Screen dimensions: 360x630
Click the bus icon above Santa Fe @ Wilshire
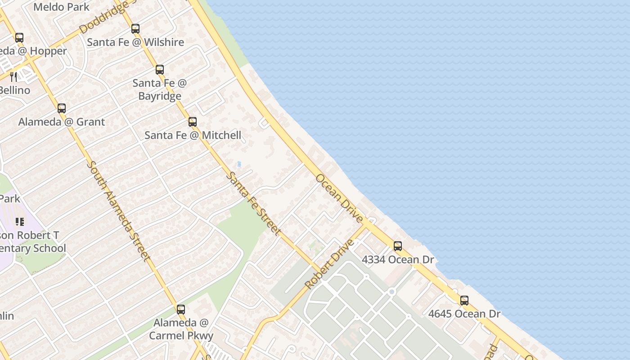click(x=135, y=29)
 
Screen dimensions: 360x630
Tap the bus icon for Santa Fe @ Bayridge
click(x=160, y=70)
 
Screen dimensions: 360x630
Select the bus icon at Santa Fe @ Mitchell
click(x=193, y=121)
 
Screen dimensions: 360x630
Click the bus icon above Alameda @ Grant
click(x=62, y=108)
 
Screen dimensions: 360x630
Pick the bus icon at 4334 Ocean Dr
click(x=398, y=246)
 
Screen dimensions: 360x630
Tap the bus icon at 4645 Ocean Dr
click(x=464, y=300)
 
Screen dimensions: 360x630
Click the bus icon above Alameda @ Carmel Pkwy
click(x=181, y=310)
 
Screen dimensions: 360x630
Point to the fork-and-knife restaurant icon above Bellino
click(x=13, y=76)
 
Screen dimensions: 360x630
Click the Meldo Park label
click(x=61, y=7)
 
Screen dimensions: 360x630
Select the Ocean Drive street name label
click(x=339, y=198)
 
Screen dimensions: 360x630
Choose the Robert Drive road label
click(x=329, y=265)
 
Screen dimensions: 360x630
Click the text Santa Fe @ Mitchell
click(x=193, y=135)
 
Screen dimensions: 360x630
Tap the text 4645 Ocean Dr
click(x=464, y=314)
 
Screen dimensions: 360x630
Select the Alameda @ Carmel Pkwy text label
click(x=181, y=329)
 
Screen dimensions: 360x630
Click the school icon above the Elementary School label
click(x=20, y=221)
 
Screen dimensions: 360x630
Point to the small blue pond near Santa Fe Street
click(x=239, y=164)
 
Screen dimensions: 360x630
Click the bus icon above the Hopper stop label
click(x=19, y=38)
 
